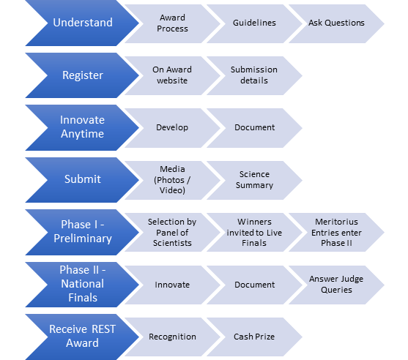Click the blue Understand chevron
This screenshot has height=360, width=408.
tap(83, 23)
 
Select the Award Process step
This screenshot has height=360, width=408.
tap(172, 23)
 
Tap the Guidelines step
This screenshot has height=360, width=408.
tap(254, 23)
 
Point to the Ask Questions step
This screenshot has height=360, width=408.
tap(336, 23)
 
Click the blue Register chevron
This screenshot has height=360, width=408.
tap(83, 75)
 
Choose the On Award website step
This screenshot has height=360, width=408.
tap(172, 75)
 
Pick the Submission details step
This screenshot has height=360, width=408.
tap(254, 75)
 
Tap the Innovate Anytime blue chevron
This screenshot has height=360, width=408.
tap(83, 127)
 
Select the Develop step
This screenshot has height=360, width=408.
tap(172, 128)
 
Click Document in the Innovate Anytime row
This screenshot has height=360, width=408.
tap(254, 128)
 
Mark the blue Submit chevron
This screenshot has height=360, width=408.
tap(83, 180)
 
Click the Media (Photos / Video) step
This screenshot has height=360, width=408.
tap(172, 180)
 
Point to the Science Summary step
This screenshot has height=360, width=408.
tap(254, 180)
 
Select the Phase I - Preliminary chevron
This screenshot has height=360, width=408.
tap(83, 232)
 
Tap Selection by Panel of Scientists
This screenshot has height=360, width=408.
tap(172, 233)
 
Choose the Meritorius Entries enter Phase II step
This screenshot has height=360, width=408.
tap(336, 233)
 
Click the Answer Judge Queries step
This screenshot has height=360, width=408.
tap(336, 285)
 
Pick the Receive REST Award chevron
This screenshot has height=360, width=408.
tap(83, 337)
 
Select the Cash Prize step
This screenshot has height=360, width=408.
tap(254, 337)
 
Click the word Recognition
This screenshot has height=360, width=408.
tap(172, 337)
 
